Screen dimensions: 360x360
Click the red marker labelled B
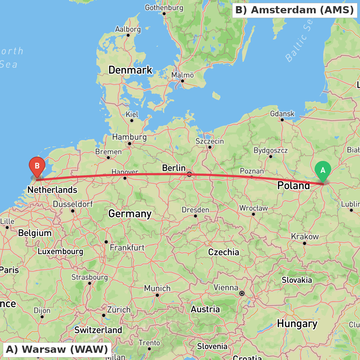[37, 166]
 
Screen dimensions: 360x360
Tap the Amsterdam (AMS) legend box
[294, 10]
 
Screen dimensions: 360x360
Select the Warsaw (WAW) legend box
[57, 349]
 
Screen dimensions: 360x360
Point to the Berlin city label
[174, 168]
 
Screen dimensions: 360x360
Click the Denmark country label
[130, 70]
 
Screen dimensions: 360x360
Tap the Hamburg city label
[129, 137]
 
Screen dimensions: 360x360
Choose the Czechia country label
[224, 252]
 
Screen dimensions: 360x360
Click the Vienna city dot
[242, 293]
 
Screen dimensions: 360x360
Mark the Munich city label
[157, 288]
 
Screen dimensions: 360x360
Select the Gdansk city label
[282, 114]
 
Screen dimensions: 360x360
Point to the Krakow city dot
[305, 243]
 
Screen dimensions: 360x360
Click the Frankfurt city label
[127, 248]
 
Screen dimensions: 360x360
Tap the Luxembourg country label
[60, 252]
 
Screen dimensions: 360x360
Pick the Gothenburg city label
[164, 8]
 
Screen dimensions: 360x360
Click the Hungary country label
[297, 324]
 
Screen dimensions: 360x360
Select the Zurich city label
[119, 310]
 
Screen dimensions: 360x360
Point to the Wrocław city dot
[253, 214]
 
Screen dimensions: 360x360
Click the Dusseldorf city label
[73, 204]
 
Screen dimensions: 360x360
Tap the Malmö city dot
[183, 81]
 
